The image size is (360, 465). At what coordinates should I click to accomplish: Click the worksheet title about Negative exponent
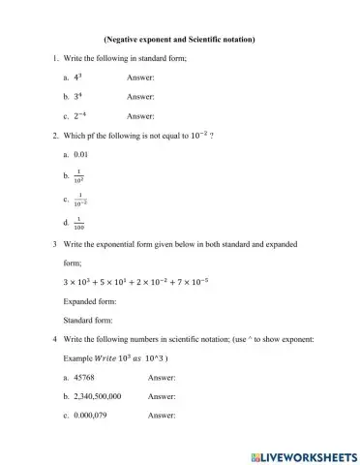click(179, 40)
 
